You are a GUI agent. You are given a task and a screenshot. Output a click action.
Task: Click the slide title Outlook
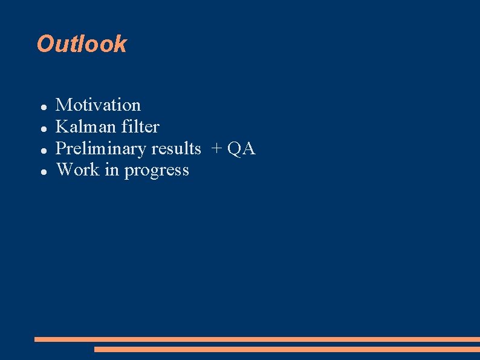click(82, 44)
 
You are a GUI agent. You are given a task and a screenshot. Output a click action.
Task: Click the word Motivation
click(98, 105)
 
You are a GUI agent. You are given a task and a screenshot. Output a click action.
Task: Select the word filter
click(140, 127)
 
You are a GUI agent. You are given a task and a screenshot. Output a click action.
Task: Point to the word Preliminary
click(101, 149)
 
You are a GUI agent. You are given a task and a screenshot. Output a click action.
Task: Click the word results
click(176, 149)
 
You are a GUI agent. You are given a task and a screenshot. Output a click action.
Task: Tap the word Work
click(78, 170)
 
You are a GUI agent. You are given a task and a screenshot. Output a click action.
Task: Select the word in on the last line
click(112, 170)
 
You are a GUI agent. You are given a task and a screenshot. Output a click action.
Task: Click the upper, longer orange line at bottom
click(257, 339)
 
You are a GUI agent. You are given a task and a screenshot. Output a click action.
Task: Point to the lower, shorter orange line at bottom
click(287, 349)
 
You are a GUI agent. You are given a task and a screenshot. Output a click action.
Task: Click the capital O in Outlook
click(45, 44)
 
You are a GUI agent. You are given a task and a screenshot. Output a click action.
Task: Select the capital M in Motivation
click(63, 105)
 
